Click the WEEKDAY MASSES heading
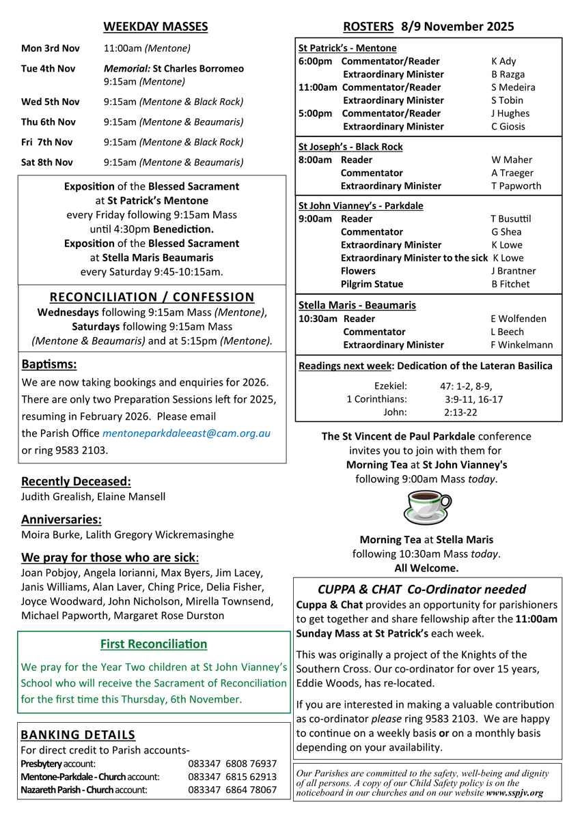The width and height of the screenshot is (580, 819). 155,27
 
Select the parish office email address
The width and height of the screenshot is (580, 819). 187,433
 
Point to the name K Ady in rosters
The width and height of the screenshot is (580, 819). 503,61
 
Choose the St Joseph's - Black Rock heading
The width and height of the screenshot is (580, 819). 350,147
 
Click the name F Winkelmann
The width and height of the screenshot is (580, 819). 522,345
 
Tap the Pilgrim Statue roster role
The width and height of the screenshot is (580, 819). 372,284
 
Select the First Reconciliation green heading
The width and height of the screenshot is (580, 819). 154,644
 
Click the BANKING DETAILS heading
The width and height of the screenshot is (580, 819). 78,735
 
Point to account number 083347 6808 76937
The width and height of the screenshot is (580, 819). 232,764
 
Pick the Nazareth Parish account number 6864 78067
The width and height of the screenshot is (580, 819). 232,790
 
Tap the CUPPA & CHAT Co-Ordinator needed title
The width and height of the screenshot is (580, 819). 422,590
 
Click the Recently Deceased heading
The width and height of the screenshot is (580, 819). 76,481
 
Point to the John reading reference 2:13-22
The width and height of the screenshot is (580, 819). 460,412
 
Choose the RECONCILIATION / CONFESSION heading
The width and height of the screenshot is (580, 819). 152,297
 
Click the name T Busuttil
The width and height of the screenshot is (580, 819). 510,219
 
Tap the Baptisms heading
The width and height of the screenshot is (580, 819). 49,364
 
